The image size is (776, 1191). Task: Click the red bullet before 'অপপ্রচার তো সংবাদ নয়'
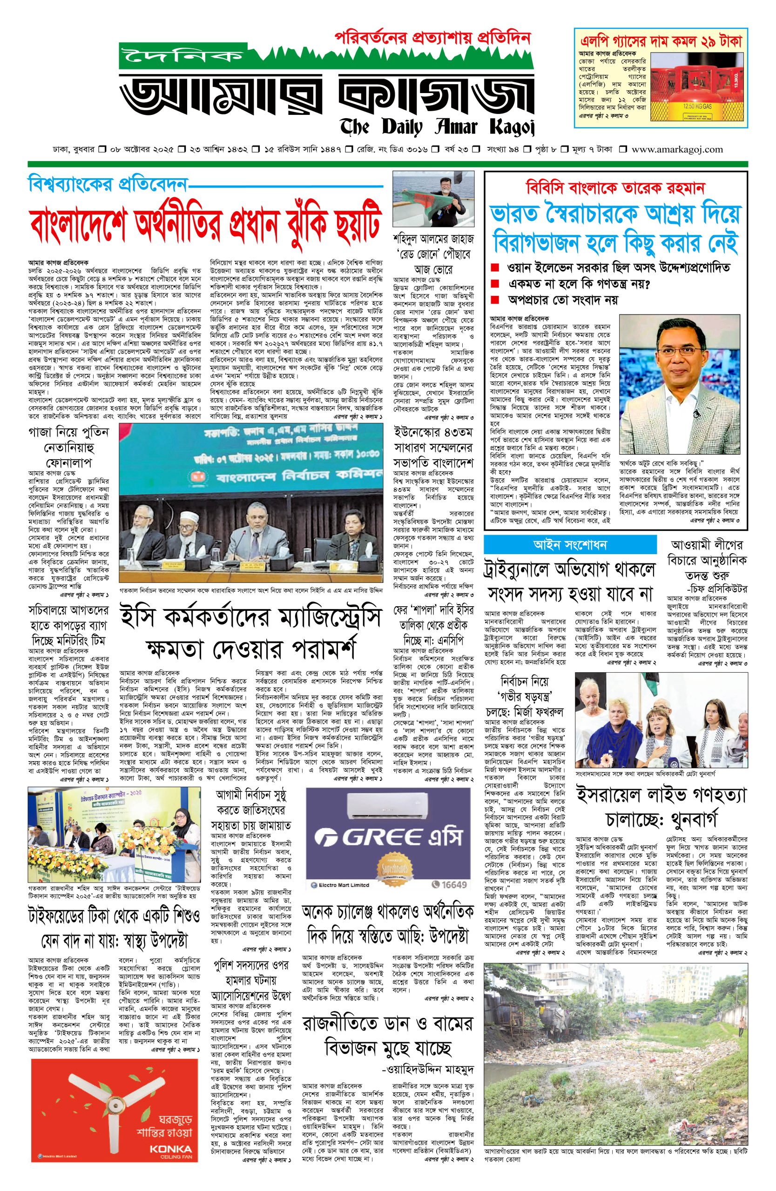pos(495,300)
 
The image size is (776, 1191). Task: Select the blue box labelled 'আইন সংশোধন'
pos(570,544)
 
